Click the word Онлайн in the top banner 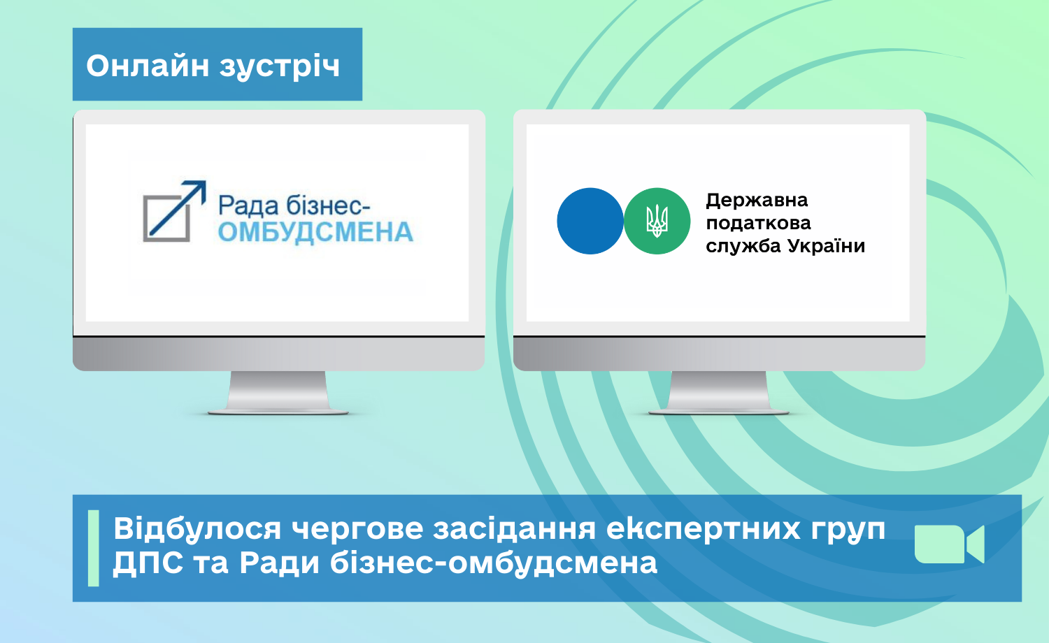tap(148, 66)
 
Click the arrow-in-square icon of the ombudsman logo tap(174, 211)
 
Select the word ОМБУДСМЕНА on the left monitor tap(315, 233)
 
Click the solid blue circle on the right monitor tap(590, 221)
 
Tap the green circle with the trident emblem tap(657, 221)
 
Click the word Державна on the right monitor tap(757, 201)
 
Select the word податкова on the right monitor tap(758, 223)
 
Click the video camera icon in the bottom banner tap(949, 544)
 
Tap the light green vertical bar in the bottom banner tap(94, 548)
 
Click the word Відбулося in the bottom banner tap(197, 529)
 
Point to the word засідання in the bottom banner tap(514, 528)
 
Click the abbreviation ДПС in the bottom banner tap(148, 563)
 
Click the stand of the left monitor tap(278, 393)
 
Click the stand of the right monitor tap(719, 393)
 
